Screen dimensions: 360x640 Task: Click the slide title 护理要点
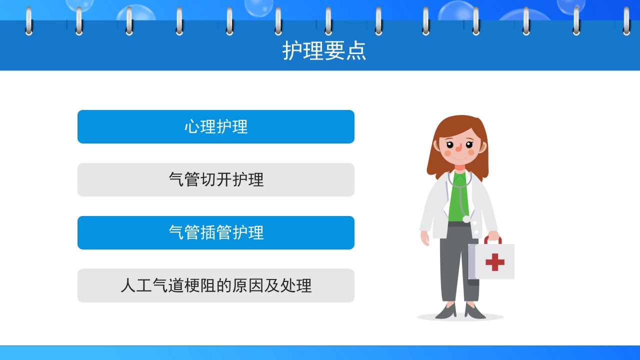(324, 50)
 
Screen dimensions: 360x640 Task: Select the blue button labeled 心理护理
(216, 126)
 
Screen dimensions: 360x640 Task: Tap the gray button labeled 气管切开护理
(216, 179)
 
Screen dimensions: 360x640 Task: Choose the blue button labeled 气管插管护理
(216, 232)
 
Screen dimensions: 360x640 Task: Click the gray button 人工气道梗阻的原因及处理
(216, 285)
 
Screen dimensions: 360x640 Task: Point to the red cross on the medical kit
(494, 262)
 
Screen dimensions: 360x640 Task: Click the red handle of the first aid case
(492, 239)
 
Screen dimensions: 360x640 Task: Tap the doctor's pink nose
(458, 147)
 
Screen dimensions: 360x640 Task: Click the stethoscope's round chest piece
(466, 219)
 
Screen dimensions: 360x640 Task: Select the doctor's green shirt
(457, 200)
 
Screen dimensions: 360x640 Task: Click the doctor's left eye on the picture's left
(450, 145)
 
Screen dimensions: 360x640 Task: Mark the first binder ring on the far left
(28, 21)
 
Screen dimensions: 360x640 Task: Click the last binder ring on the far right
(626, 21)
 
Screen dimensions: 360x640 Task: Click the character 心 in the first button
(192, 126)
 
